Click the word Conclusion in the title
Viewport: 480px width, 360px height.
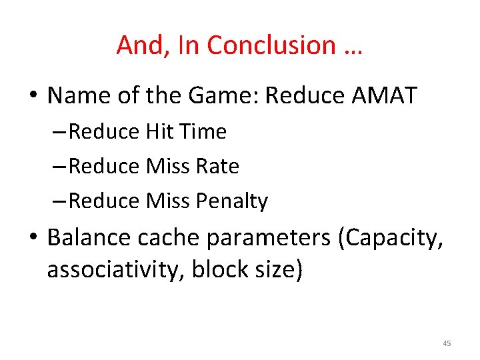point(271,45)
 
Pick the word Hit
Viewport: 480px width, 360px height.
point(158,132)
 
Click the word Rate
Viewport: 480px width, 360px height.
point(217,167)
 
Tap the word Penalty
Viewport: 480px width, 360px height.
point(232,201)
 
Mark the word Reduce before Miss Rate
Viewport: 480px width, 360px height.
point(103,167)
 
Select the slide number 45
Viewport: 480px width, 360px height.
point(446,343)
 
